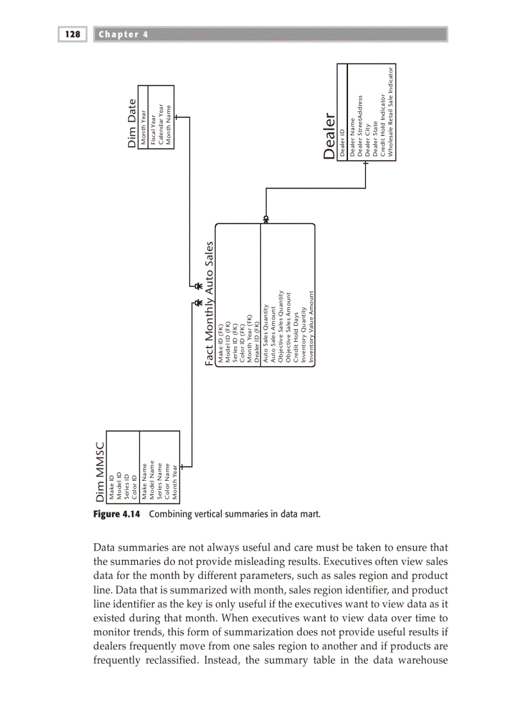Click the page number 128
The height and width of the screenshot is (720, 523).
(72, 35)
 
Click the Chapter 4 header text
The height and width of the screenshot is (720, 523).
(124, 35)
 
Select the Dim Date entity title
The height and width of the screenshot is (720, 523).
(132, 123)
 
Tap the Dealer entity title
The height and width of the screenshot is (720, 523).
(330, 137)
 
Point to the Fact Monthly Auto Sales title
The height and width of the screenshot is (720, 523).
(209, 303)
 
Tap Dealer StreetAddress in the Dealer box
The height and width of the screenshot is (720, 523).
(360, 126)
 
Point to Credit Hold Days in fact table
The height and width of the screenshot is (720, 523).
(295, 340)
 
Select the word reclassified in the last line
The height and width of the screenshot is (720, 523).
(169, 657)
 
